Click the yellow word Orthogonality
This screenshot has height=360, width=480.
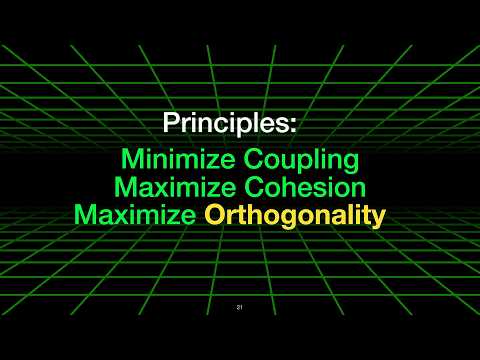pos(295,216)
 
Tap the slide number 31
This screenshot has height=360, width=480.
pos(240,307)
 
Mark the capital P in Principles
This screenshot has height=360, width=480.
pos(171,126)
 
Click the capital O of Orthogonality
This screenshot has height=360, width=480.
pos(215,215)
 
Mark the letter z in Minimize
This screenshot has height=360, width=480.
pos(197,160)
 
